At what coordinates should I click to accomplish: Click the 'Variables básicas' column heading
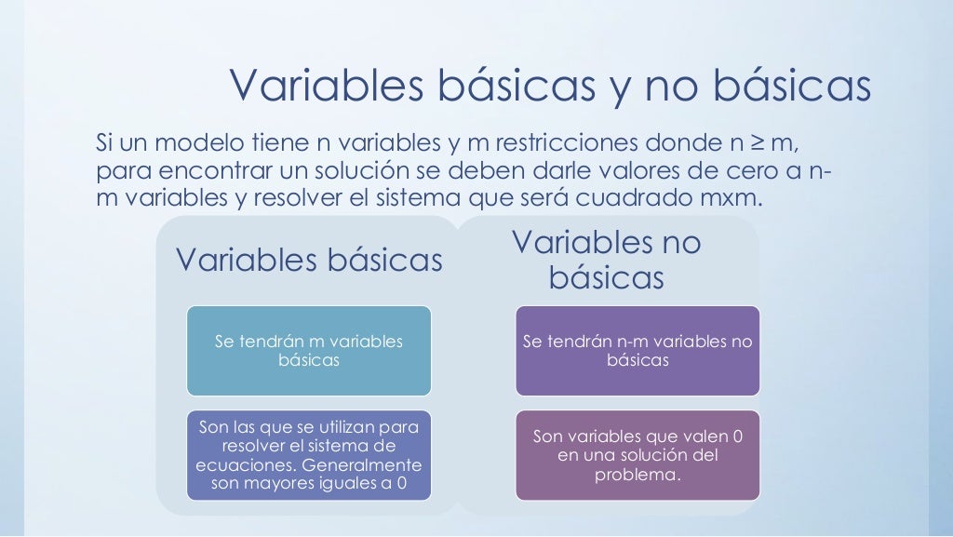tap(309, 261)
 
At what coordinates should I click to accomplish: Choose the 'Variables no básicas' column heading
tap(606, 260)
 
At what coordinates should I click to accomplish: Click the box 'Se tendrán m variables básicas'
tap(309, 351)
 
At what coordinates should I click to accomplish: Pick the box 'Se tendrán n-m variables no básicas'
tap(638, 351)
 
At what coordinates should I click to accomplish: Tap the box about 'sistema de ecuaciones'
tap(309, 455)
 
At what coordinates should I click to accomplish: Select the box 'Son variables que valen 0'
tap(638, 455)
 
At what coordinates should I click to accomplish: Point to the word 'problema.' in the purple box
tap(638, 475)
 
